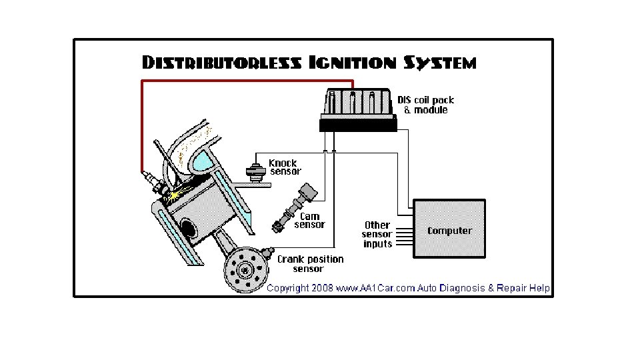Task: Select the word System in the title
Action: (440, 63)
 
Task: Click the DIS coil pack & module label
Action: (425, 105)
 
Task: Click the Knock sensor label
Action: (285, 167)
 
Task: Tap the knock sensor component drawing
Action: (254, 171)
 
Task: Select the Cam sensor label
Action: (310, 221)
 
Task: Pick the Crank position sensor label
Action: (310, 264)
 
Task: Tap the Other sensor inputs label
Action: (377, 235)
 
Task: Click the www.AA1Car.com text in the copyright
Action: (373, 288)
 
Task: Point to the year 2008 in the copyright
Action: (322, 288)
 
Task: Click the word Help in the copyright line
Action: (539, 288)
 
